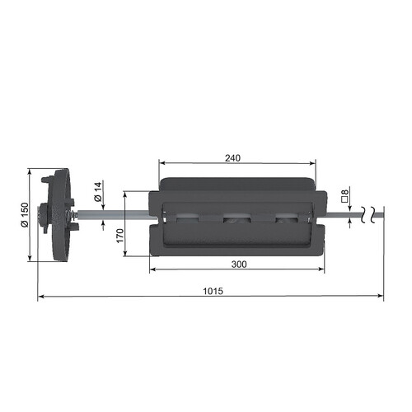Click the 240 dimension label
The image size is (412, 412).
pos(232,158)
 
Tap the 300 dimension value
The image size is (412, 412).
pos(239,265)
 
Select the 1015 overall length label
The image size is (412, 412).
pos(213,291)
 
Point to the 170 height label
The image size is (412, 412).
pos(120,236)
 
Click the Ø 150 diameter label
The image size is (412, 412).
pos(25,214)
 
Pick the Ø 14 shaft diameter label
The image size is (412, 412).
pos(98,191)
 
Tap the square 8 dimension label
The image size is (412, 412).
pos(345,196)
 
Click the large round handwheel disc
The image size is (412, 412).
pos(62,215)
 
